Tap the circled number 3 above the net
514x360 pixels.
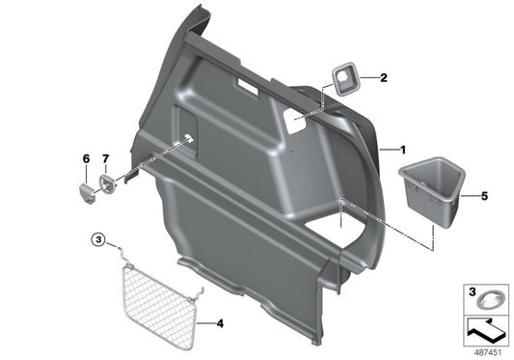tap(97, 239)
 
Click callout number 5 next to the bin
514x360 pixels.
tap(485, 196)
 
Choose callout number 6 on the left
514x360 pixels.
tap(85, 157)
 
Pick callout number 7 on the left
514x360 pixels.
tap(107, 157)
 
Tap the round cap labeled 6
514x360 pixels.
tap(85, 188)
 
